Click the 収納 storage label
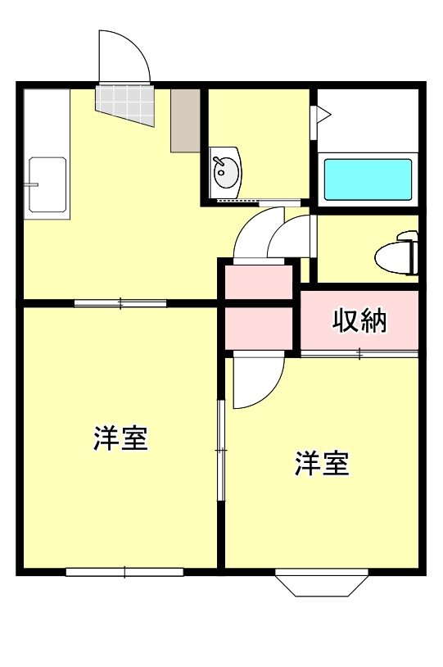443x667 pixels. pyautogui.click(x=359, y=321)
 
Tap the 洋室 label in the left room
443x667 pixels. pyautogui.click(x=120, y=438)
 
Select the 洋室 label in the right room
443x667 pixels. pyautogui.click(x=322, y=464)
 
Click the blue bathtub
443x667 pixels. pyautogui.click(x=368, y=179)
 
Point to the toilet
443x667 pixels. pyautogui.click(x=398, y=255)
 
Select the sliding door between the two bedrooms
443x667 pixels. pyautogui.click(x=219, y=449)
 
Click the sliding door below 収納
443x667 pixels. pyautogui.click(x=359, y=354)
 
